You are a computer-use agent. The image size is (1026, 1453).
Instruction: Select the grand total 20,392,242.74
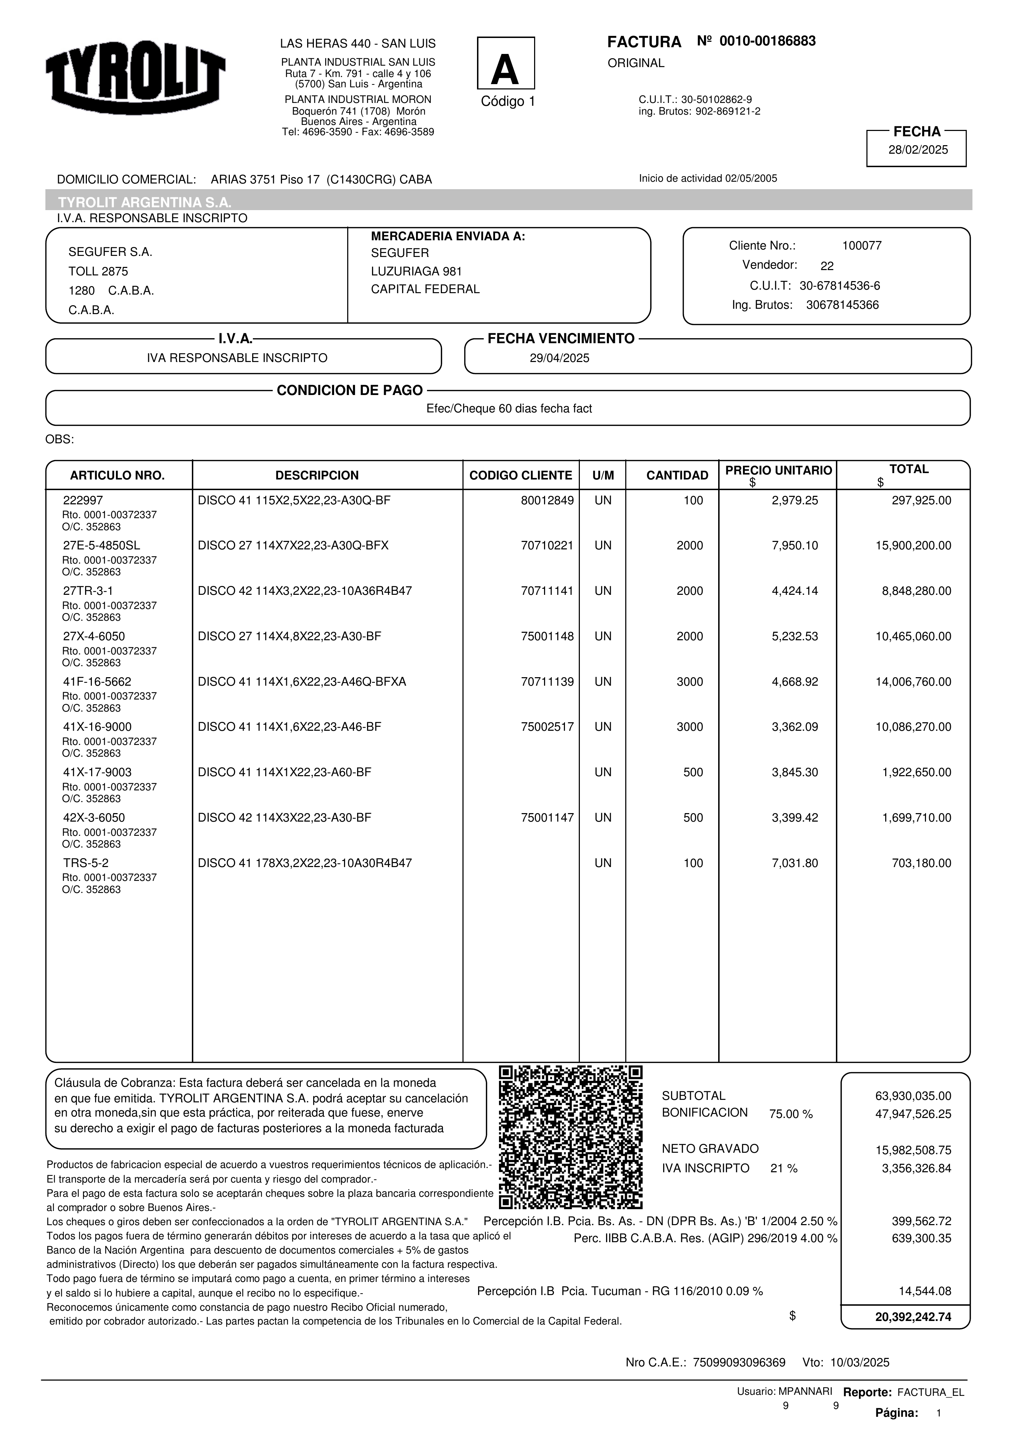coord(913,1317)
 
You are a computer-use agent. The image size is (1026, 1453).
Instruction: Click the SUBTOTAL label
coord(693,1096)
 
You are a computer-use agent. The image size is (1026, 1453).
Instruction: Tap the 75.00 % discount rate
coord(791,1114)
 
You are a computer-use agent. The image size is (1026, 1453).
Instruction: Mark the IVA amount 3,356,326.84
coord(916,1169)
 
